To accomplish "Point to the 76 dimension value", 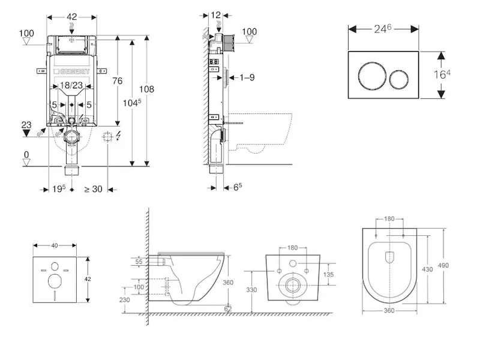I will (118, 81).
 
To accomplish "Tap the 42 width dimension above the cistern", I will (71, 17).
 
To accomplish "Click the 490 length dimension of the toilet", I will (443, 265).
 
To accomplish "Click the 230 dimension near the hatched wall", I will (124, 301).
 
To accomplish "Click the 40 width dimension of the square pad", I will (55, 245).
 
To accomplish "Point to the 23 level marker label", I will (26, 125).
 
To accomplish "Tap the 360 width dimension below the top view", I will (390, 311).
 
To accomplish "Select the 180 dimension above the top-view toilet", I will (390, 219).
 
